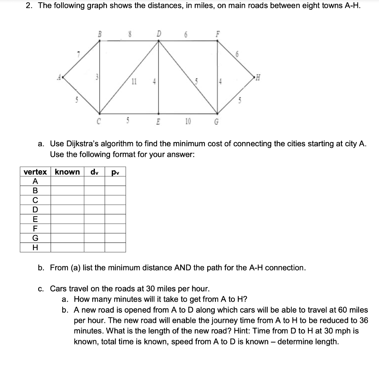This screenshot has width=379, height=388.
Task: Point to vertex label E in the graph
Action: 159,122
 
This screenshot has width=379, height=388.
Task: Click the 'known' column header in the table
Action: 67,172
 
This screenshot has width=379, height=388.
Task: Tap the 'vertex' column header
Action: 35,172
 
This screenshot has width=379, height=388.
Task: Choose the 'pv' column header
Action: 115,172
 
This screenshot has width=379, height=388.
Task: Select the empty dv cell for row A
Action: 94,181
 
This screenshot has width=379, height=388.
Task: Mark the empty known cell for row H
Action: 67,247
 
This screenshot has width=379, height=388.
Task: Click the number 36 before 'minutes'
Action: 363,320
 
